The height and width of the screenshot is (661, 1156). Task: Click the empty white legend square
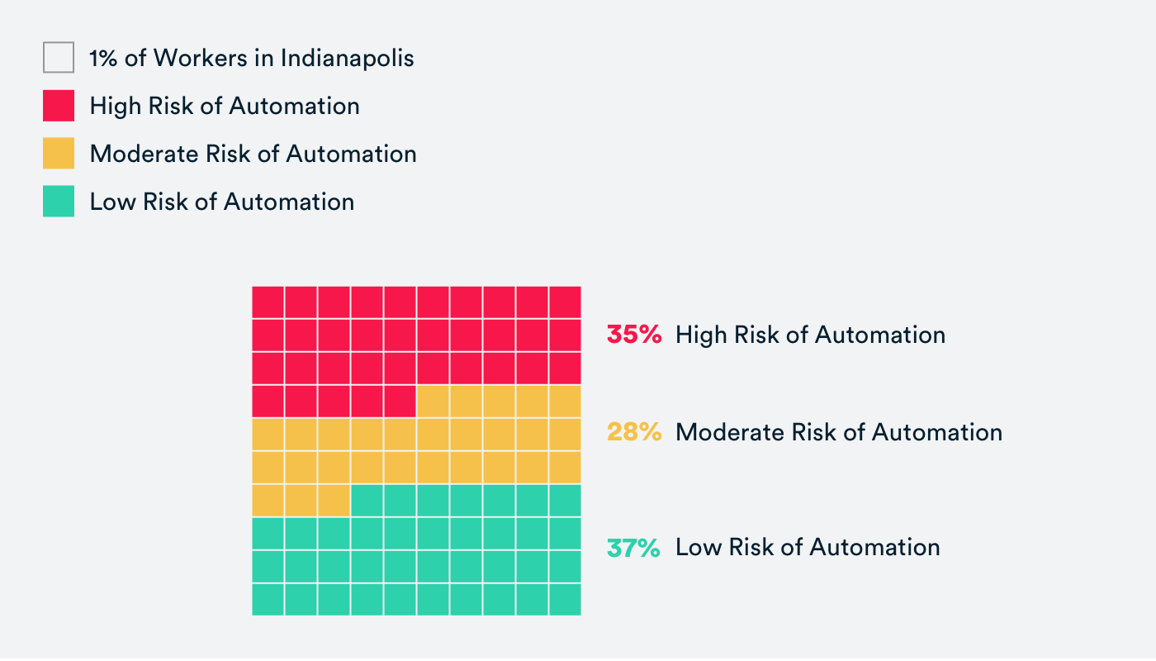[59, 58]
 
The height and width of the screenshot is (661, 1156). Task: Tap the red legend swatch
[59, 106]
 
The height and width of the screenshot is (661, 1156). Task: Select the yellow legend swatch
[59, 154]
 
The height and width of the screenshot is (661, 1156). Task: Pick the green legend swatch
[59, 202]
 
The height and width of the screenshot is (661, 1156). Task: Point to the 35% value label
[634, 335]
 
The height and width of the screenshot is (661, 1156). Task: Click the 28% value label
[634, 432]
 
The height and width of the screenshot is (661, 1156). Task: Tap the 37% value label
[633, 547]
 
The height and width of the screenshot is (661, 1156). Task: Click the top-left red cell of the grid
[268, 302]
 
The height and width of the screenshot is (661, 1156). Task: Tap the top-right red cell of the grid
[565, 302]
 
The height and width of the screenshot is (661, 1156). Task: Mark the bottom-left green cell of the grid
[268, 599]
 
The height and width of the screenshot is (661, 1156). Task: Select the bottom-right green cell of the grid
[565, 599]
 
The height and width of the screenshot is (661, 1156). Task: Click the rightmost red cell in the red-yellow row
[400, 402]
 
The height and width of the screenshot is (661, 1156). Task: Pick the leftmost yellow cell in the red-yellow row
[433, 402]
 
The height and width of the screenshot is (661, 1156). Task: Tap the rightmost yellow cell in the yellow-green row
[334, 501]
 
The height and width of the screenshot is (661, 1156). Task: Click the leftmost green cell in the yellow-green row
[367, 501]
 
